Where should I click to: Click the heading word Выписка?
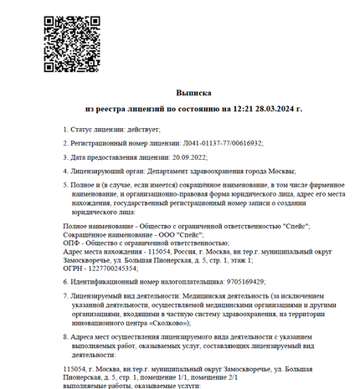pyautogui.click(x=193, y=93)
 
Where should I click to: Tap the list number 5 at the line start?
pyautogui.click(x=65, y=186)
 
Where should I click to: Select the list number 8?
pyautogui.click(x=65, y=336)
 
